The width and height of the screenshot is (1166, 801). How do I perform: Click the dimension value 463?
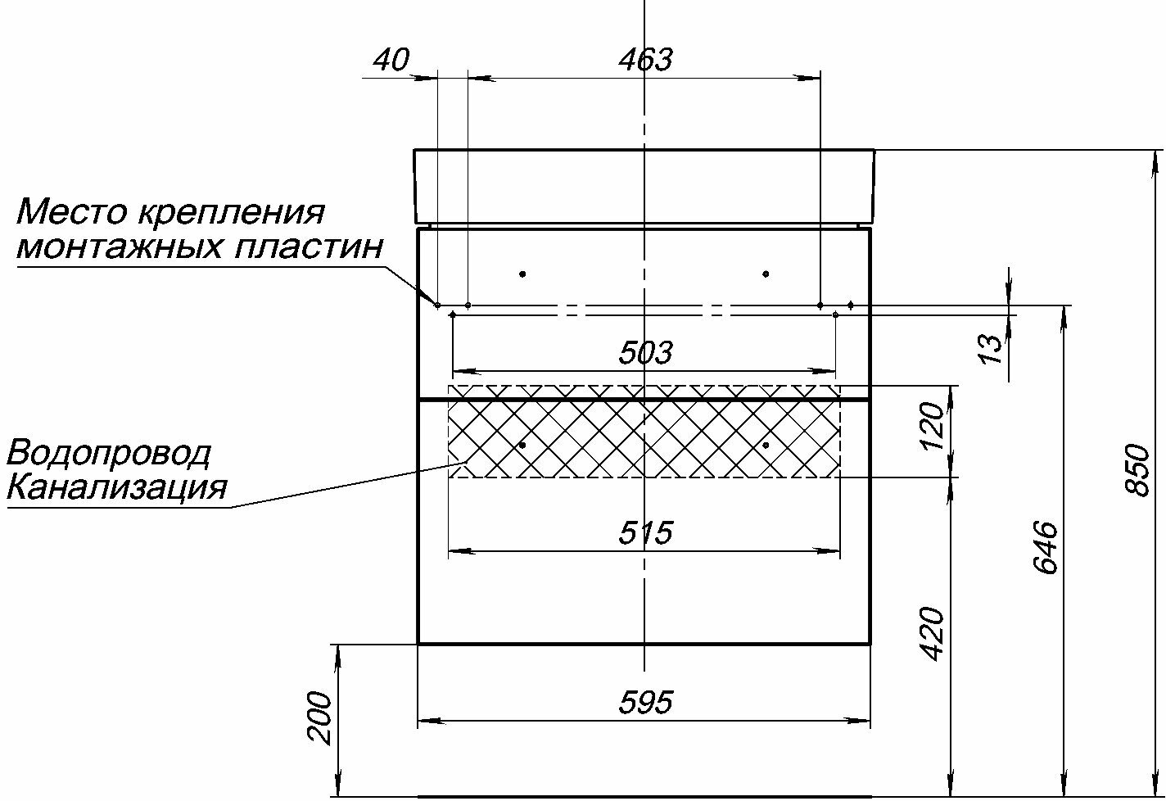point(645,60)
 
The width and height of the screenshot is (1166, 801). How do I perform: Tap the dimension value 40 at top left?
point(391,60)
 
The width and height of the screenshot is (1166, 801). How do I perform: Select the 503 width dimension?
point(645,353)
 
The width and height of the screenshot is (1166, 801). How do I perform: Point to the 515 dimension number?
point(645,533)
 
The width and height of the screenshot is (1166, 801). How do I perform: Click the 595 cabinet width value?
point(645,703)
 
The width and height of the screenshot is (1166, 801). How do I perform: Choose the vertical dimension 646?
point(1046,546)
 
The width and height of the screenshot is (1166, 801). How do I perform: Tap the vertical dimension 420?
point(932,633)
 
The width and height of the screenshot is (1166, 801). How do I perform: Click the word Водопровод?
point(109,453)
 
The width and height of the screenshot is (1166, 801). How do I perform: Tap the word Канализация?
point(116,489)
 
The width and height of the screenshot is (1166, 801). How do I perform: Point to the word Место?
point(70,212)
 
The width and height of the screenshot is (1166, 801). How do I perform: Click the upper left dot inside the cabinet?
point(522,274)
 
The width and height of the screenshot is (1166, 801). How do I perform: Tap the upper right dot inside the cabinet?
point(766,274)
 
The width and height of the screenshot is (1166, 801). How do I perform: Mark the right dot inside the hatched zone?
point(766,445)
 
